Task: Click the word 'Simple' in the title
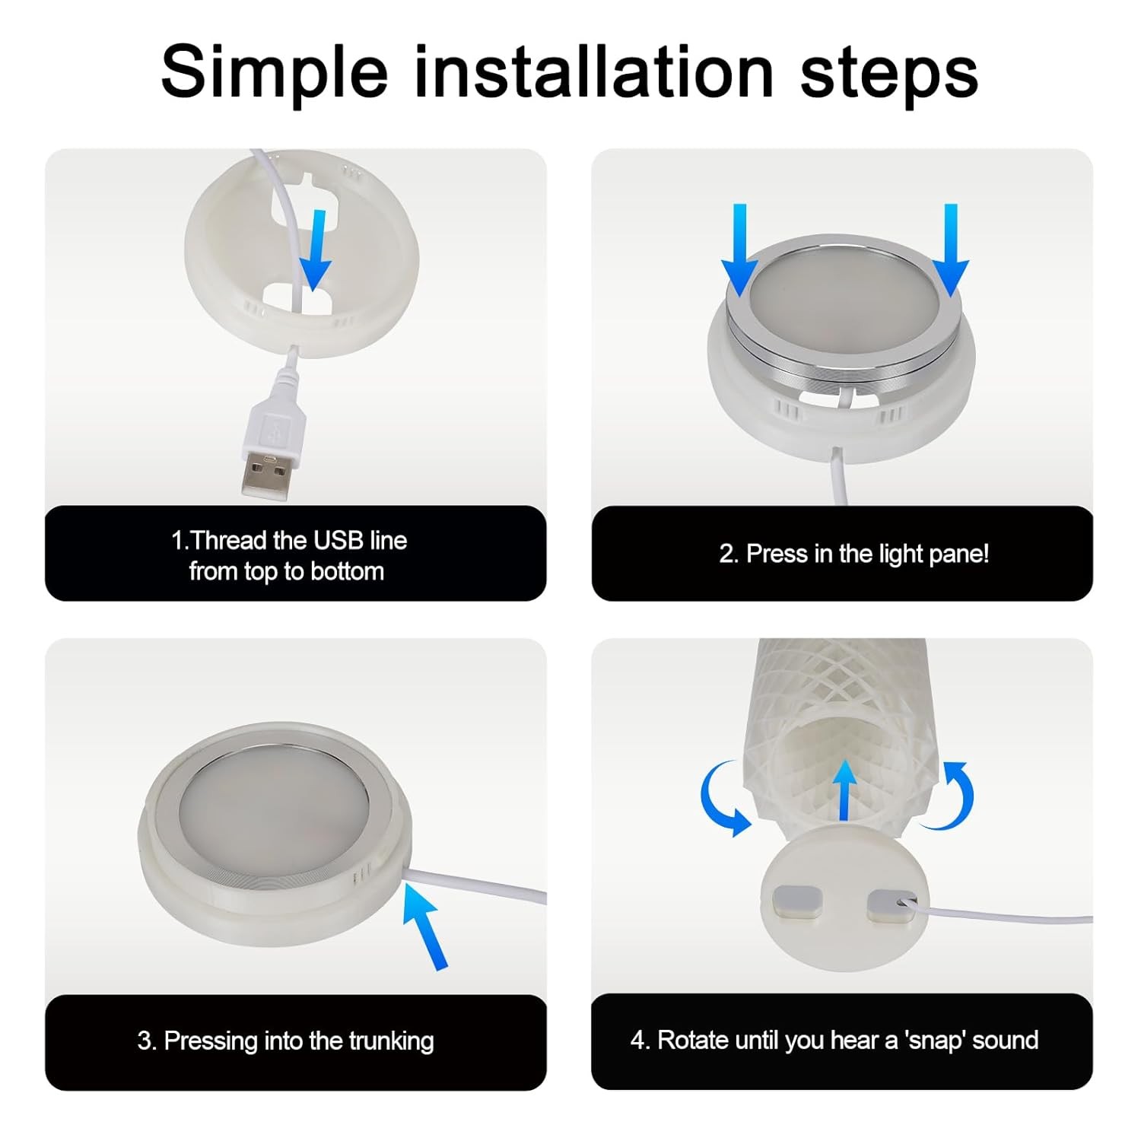(x=274, y=74)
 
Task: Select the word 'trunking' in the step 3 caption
(x=391, y=1041)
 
